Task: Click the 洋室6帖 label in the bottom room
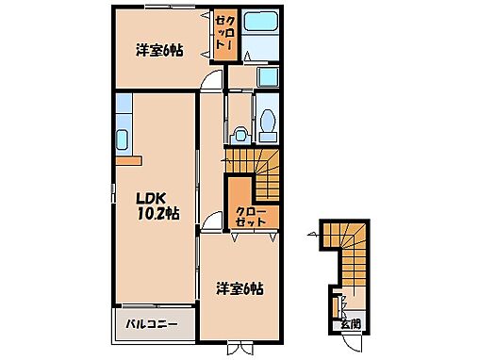pos(237,287)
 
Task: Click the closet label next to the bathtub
pos(223,36)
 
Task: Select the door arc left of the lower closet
pos(214,222)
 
